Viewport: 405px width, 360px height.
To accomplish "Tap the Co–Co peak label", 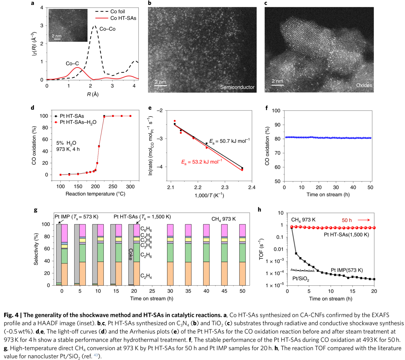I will (108, 29).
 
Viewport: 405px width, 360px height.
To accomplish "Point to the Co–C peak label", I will (72, 63).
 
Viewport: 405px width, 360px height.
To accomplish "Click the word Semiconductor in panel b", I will (237, 87).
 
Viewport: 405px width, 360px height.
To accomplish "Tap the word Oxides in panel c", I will (364, 85).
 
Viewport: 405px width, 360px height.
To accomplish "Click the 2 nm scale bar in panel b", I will (160, 85).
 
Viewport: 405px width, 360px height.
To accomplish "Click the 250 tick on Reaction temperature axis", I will (113, 186).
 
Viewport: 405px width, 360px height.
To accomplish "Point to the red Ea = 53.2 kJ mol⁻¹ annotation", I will (202, 162).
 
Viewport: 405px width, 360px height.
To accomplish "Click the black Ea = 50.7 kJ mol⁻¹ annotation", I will (229, 141).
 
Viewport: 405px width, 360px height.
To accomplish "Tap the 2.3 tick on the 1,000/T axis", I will (225, 187).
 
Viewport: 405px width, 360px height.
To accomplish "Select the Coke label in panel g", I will (131, 254).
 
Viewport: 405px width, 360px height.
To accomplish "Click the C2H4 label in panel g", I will (146, 276).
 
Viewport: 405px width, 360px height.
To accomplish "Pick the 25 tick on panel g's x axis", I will (152, 291).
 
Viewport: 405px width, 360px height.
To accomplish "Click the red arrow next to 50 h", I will (364, 220).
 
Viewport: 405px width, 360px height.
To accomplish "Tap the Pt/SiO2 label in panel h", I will (301, 279).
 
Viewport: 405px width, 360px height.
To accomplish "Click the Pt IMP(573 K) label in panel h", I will (347, 270).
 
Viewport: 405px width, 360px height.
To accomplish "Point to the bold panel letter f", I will (267, 108).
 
